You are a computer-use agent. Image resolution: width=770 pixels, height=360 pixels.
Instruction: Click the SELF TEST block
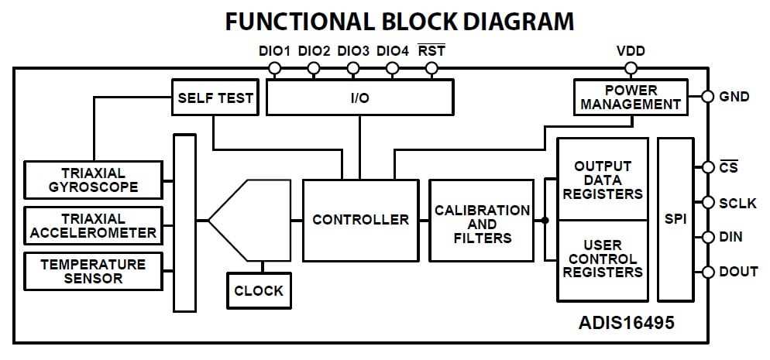point(215,98)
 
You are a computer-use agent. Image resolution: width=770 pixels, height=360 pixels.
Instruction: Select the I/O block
point(359,98)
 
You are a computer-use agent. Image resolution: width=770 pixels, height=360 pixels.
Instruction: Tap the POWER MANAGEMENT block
point(631,98)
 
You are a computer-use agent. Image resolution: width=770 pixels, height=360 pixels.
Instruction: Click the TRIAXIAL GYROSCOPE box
point(93,180)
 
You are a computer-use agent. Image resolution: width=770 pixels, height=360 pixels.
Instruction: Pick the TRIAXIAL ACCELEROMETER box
point(93,225)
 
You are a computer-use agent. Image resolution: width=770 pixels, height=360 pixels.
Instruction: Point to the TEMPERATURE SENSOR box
point(93,271)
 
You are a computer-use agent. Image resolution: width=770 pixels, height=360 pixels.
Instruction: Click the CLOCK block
point(259,292)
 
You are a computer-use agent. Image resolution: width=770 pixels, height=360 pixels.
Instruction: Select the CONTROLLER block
point(360,220)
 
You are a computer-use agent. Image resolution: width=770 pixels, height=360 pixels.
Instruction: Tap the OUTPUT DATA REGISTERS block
point(603,180)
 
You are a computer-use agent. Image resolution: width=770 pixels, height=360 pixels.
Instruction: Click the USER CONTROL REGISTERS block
point(603,259)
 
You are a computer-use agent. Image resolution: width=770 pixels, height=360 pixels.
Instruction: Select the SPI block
point(675,220)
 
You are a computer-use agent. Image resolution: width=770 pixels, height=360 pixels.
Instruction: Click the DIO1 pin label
point(274,51)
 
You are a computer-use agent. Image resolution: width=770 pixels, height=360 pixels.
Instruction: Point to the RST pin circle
point(432,68)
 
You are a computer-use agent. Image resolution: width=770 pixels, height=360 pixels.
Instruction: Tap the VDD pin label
point(631,51)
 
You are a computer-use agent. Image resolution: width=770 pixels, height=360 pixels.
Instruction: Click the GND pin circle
point(706,98)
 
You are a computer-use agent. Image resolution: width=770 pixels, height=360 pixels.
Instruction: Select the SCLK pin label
point(737,202)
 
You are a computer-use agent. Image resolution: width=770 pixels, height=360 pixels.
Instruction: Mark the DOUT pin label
point(738,272)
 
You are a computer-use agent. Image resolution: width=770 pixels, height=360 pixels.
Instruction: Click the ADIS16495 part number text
point(626,323)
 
